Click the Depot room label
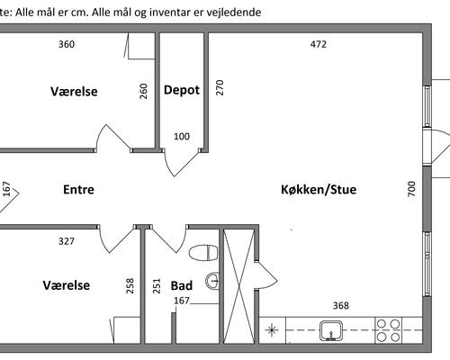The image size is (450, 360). click(182, 90)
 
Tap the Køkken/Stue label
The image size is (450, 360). click(319, 190)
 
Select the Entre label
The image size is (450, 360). click(78, 190)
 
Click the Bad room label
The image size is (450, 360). click(182, 285)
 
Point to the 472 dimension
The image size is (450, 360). click(318, 44)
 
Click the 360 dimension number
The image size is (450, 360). click(67, 44)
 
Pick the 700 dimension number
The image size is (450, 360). click(412, 189)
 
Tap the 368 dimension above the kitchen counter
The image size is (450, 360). click(341, 306)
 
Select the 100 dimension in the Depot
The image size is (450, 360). click(182, 137)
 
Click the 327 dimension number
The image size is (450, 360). click(67, 241)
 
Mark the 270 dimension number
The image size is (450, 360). click(220, 87)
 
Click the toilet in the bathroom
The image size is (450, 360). click(203, 253)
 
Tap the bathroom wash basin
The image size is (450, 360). click(212, 281)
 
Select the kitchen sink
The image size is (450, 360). click(331, 330)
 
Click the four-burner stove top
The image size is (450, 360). click(389, 330)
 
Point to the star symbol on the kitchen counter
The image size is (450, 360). click(272, 330)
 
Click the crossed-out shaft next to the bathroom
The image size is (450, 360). click(239, 286)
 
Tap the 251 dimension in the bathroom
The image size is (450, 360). click(157, 286)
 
